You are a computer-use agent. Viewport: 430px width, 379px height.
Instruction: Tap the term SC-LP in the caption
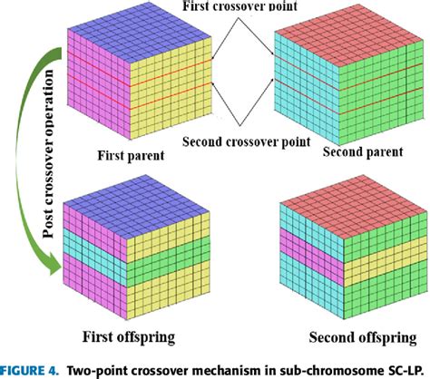[x=404, y=368]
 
